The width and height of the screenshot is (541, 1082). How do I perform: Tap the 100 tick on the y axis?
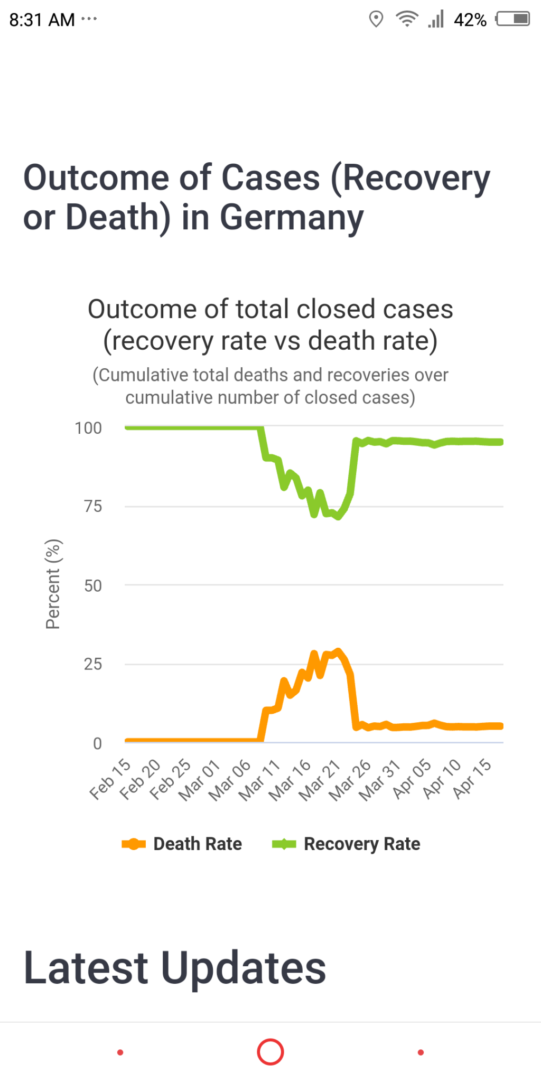click(88, 428)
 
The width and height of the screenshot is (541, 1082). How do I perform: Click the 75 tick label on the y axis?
click(93, 506)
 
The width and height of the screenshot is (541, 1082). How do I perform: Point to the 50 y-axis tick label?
click(93, 585)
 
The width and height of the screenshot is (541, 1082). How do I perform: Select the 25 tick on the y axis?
click(93, 664)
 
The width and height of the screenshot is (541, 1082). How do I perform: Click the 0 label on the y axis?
click(97, 743)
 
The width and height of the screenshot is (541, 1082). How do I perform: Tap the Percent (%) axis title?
click(53, 584)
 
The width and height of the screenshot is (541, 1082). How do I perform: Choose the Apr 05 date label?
click(412, 779)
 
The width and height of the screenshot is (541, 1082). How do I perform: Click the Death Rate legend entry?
click(182, 844)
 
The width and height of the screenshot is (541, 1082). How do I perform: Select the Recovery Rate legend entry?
click(347, 844)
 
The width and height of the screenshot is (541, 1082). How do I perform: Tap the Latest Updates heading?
click(175, 967)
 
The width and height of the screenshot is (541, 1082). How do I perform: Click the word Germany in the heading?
click(292, 217)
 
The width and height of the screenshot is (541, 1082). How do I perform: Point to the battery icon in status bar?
click(513, 20)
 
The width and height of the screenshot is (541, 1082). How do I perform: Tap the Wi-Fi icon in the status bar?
click(407, 20)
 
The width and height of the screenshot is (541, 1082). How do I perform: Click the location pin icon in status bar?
click(376, 20)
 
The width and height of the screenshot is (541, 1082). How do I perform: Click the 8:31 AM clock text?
click(42, 20)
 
